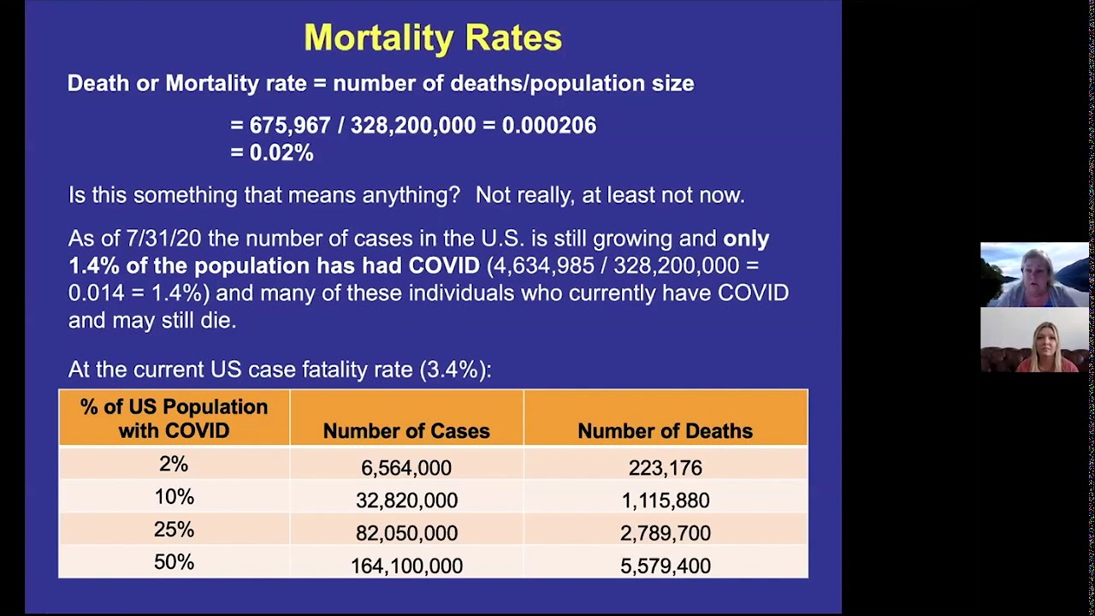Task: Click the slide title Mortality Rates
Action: tap(433, 38)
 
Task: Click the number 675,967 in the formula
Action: tap(289, 125)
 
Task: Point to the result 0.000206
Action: tap(548, 125)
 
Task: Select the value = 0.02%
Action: tap(272, 153)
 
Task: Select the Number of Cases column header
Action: tap(406, 431)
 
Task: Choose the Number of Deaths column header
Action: tap(665, 431)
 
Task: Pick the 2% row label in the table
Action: tap(174, 465)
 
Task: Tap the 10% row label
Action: tap(174, 497)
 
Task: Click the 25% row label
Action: tap(174, 530)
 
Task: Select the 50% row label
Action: tap(174, 562)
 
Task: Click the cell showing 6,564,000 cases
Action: tap(406, 468)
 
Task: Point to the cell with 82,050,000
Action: tap(406, 533)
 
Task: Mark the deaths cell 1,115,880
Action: tap(665, 500)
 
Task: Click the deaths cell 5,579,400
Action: tap(665, 566)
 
